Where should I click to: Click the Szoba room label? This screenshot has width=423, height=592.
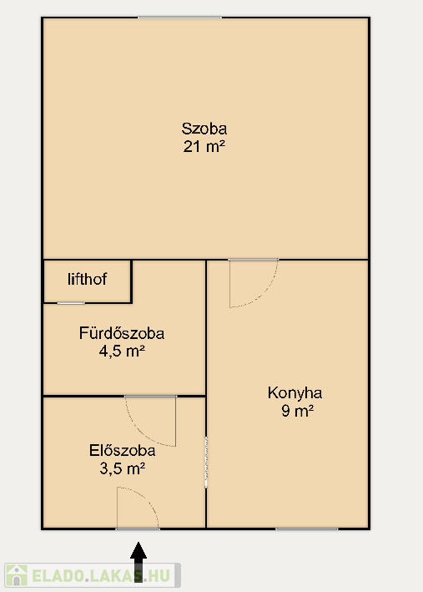pos(204,129)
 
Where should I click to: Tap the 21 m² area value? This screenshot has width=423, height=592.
pos(204,146)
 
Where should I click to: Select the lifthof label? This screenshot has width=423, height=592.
pos(87,280)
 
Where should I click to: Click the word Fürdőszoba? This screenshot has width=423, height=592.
pos(122,333)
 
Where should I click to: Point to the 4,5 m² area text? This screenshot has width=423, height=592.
pos(122,352)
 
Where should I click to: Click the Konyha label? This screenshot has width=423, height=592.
pos(295,393)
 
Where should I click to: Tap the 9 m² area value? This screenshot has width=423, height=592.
pos(297,411)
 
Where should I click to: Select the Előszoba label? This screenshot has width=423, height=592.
pos(123,451)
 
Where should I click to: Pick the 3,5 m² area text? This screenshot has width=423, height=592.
pos(123,468)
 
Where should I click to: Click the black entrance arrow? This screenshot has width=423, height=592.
pos(138,562)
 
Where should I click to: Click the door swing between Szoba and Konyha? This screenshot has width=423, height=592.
pos(264,293)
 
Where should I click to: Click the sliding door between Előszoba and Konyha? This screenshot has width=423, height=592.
pos(206,462)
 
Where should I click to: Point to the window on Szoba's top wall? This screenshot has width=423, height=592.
pos(179,18)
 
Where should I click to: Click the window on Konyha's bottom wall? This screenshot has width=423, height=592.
pos(307,529)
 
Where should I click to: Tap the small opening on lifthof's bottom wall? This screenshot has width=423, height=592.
pos(71,303)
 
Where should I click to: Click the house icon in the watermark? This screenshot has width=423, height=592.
pos(17,575)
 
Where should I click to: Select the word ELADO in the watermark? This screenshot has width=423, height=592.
pos(58,576)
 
